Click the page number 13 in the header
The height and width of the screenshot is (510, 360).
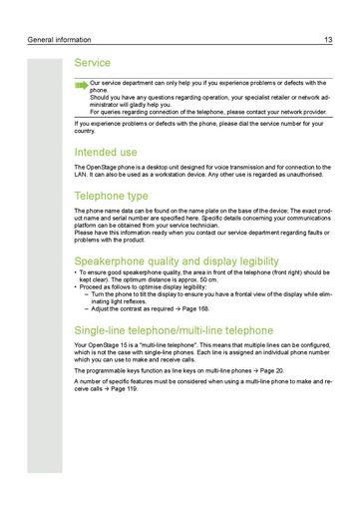[x=328, y=40]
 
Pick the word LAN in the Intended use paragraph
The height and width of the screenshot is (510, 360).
[x=82, y=175]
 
